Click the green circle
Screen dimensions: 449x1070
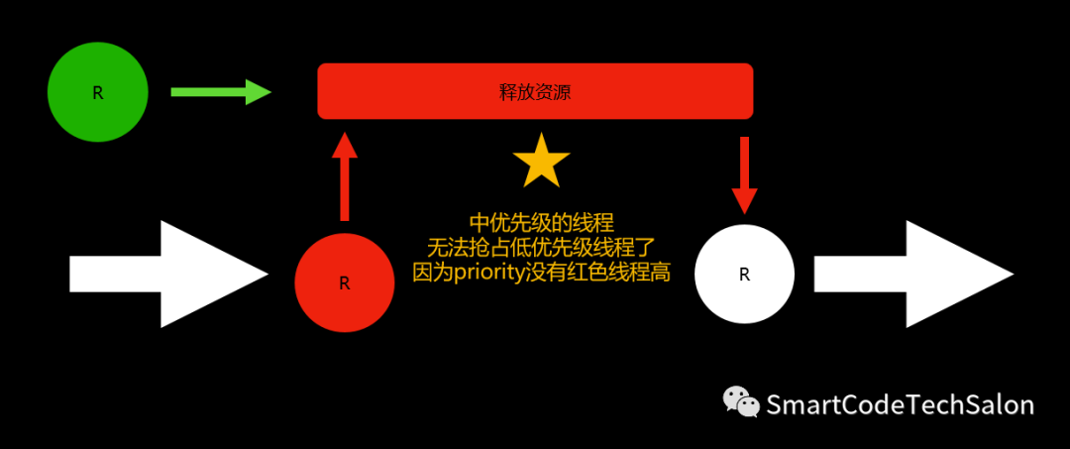tap(98, 92)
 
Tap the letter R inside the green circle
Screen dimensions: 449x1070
tap(98, 93)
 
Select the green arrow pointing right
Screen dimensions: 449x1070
tap(221, 92)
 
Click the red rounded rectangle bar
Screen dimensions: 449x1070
tap(535, 91)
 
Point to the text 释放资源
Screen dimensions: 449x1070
tap(535, 93)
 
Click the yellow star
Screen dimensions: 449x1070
tap(542, 163)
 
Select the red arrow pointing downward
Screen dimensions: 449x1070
tap(744, 174)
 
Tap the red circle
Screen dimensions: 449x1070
tap(344, 282)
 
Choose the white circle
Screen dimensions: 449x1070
tap(744, 275)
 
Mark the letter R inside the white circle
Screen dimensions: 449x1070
tap(745, 275)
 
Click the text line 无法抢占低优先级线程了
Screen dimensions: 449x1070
tap(541, 247)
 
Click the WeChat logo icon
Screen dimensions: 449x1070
tap(741, 401)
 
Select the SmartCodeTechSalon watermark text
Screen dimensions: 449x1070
tap(900, 404)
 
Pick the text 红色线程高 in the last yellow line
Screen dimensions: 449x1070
tap(625, 273)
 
